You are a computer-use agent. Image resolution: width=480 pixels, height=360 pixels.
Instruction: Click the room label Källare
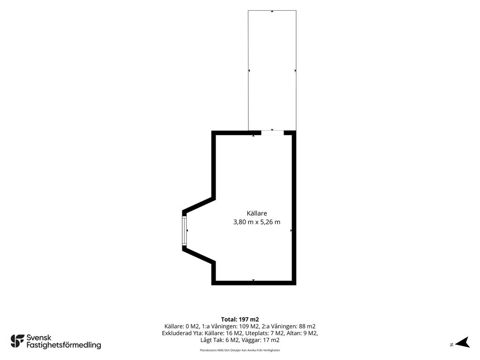tap(257, 213)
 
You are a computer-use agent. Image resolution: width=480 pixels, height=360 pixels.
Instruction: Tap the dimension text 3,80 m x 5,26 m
tap(257, 222)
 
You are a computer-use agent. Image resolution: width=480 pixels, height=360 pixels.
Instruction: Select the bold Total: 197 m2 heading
tap(240, 320)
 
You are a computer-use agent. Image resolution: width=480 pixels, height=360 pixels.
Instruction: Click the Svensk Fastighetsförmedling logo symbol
tap(17, 341)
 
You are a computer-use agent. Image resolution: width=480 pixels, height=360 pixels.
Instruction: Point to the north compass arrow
tap(462, 342)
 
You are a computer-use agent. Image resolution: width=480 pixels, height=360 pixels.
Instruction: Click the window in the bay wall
tap(184, 231)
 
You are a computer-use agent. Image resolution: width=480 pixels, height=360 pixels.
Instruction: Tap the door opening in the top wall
tap(272, 133)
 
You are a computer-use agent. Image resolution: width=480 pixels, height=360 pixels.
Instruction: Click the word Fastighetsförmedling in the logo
tap(64, 345)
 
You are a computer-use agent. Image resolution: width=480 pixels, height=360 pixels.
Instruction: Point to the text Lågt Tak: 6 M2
tap(220, 340)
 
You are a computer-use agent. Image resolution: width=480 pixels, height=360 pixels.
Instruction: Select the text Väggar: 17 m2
tap(261, 340)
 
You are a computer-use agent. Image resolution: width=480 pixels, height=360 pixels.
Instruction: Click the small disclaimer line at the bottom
tap(240, 350)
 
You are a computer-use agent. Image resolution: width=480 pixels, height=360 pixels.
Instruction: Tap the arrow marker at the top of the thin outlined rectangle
tap(272, 11)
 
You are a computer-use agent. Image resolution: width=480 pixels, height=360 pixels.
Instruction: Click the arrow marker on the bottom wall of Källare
tap(253, 280)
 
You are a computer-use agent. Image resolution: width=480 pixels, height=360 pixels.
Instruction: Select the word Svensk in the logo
tap(39, 337)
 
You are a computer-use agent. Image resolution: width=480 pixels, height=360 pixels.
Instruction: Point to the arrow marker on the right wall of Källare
tap(291, 231)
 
